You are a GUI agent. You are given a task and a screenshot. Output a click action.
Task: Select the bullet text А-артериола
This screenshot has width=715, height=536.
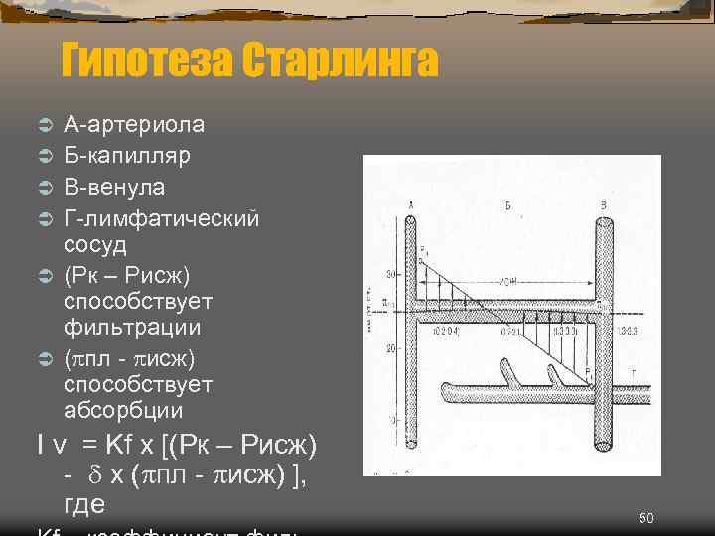134,125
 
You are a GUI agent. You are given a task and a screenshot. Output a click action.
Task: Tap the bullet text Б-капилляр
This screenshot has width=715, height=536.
128,156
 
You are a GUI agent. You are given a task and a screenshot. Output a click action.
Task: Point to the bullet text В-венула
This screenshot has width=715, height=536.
114,187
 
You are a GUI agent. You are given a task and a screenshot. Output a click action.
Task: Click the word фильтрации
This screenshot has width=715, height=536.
131,327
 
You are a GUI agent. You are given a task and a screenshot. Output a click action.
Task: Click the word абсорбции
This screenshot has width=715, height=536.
123,410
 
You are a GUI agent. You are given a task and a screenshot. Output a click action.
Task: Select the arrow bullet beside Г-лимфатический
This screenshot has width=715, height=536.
45,218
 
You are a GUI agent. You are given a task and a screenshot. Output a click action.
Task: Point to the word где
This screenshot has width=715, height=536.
84,504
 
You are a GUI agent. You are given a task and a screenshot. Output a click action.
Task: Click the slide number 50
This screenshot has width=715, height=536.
645,518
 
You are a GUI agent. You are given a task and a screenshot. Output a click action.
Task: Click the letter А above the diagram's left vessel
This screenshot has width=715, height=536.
410,204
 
